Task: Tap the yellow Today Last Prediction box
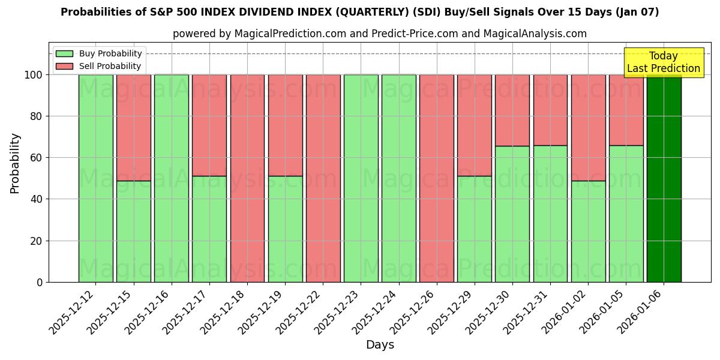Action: click(663, 62)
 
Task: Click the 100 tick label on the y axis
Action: click(34, 75)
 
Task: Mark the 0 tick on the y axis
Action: click(40, 282)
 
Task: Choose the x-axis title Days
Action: click(380, 345)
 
